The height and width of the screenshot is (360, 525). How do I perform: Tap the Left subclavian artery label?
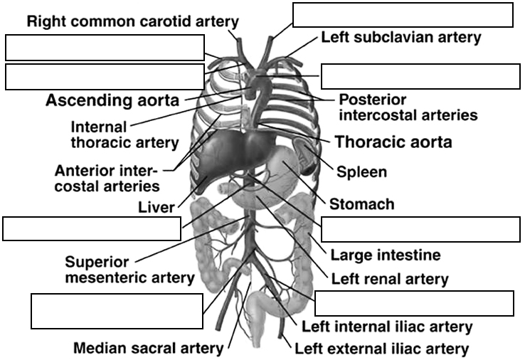[x=401, y=36]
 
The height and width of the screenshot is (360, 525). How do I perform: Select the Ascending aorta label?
[x=112, y=101]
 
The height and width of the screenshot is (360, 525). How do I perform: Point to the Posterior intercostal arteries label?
[x=407, y=107]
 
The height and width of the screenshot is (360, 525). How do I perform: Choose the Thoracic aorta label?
[x=393, y=142]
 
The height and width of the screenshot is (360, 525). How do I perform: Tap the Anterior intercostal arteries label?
[x=107, y=179]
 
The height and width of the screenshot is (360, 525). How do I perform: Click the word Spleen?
[x=362, y=171]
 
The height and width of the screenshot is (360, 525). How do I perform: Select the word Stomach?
[x=361, y=205]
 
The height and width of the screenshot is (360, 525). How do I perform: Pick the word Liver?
[x=157, y=208]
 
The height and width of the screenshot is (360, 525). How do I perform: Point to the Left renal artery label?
[x=389, y=278]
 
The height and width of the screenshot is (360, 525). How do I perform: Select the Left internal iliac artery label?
[x=387, y=327]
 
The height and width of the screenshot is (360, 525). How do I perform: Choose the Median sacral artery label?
[x=149, y=349]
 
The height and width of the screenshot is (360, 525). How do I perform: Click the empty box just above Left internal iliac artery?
[x=413, y=302]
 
